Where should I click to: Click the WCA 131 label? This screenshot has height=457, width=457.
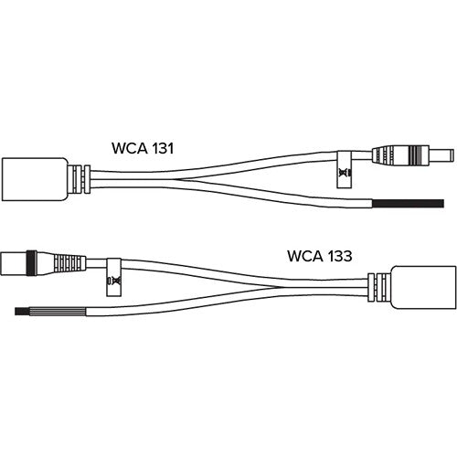pyautogui.click(x=143, y=148)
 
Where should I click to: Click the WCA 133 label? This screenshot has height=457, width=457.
pyautogui.click(x=320, y=256)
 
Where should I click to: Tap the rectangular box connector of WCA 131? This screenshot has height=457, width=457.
pyautogui.click(x=35, y=179)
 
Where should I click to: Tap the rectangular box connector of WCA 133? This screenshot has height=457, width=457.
pyautogui.click(x=423, y=287)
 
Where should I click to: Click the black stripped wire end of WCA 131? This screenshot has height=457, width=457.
pyautogui.click(x=409, y=203)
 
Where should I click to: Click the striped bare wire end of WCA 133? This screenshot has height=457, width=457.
pyautogui.click(x=50, y=312)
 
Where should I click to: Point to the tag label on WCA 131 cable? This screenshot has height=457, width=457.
pyautogui.click(x=345, y=169)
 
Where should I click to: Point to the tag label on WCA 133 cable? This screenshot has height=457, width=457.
pyautogui.click(x=113, y=277)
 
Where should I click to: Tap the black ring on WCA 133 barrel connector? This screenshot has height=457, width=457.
pyautogui.click(x=31, y=263)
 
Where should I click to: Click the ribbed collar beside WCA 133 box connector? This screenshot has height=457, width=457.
pyautogui.click(x=378, y=287)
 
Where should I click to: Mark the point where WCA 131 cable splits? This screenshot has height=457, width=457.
pyautogui.click(x=176, y=179)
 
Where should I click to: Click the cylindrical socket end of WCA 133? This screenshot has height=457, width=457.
pyautogui.click(x=14, y=263)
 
